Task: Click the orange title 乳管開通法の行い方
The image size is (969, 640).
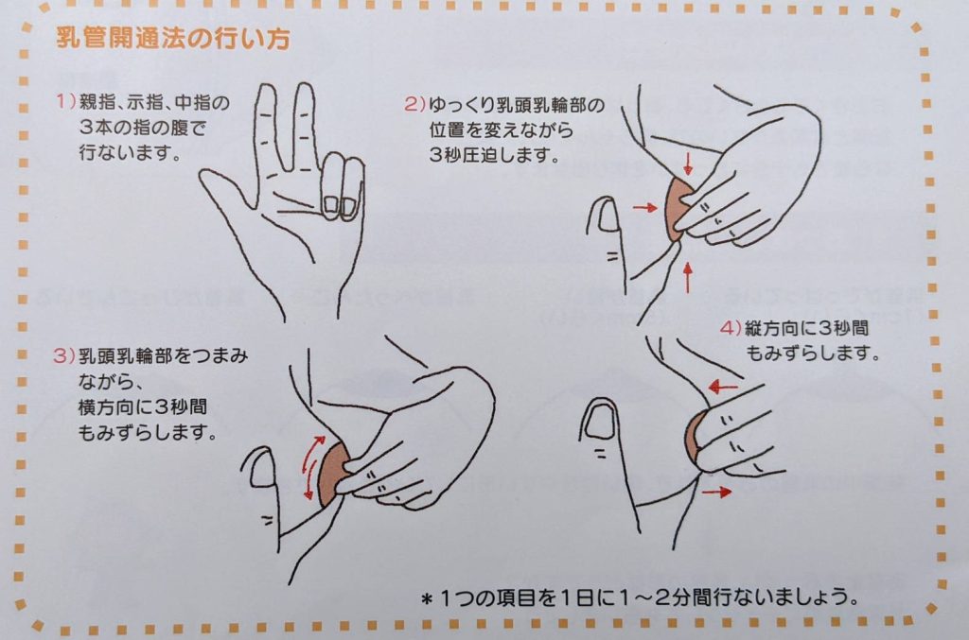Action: coord(173,39)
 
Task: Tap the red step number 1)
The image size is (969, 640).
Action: coord(65,101)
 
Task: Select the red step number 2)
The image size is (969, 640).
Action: coord(414,104)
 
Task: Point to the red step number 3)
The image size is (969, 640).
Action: coord(63,355)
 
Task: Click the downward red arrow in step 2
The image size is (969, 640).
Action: coord(688,163)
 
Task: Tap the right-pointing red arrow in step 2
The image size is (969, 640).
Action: coord(644,208)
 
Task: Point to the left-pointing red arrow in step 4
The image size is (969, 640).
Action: coord(723,388)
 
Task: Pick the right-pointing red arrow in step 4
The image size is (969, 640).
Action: coord(717,492)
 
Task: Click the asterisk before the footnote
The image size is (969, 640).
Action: coord(426,598)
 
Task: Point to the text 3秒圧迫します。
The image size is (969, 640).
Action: coord(494,155)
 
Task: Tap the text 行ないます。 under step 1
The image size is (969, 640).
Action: coord(130,152)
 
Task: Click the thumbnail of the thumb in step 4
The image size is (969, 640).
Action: coord(598,422)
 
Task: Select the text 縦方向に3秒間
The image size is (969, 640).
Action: coord(806,328)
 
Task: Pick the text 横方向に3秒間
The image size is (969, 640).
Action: coord(143,407)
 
